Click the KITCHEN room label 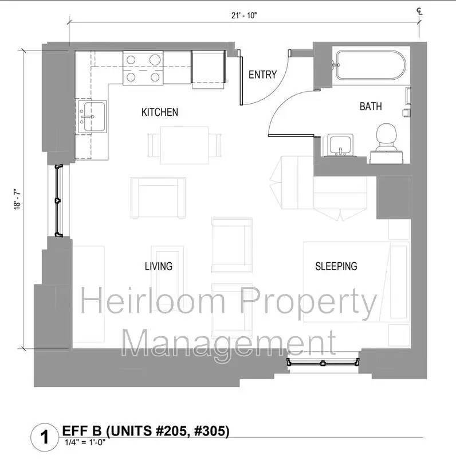point(160,112)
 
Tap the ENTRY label point(262,75)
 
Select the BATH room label point(371,106)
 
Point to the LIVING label point(158,266)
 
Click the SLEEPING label point(336,266)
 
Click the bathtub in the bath point(370,65)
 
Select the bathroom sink point(342,145)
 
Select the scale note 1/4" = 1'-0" point(84,442)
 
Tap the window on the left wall point(57,200)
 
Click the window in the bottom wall point(324,362)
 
